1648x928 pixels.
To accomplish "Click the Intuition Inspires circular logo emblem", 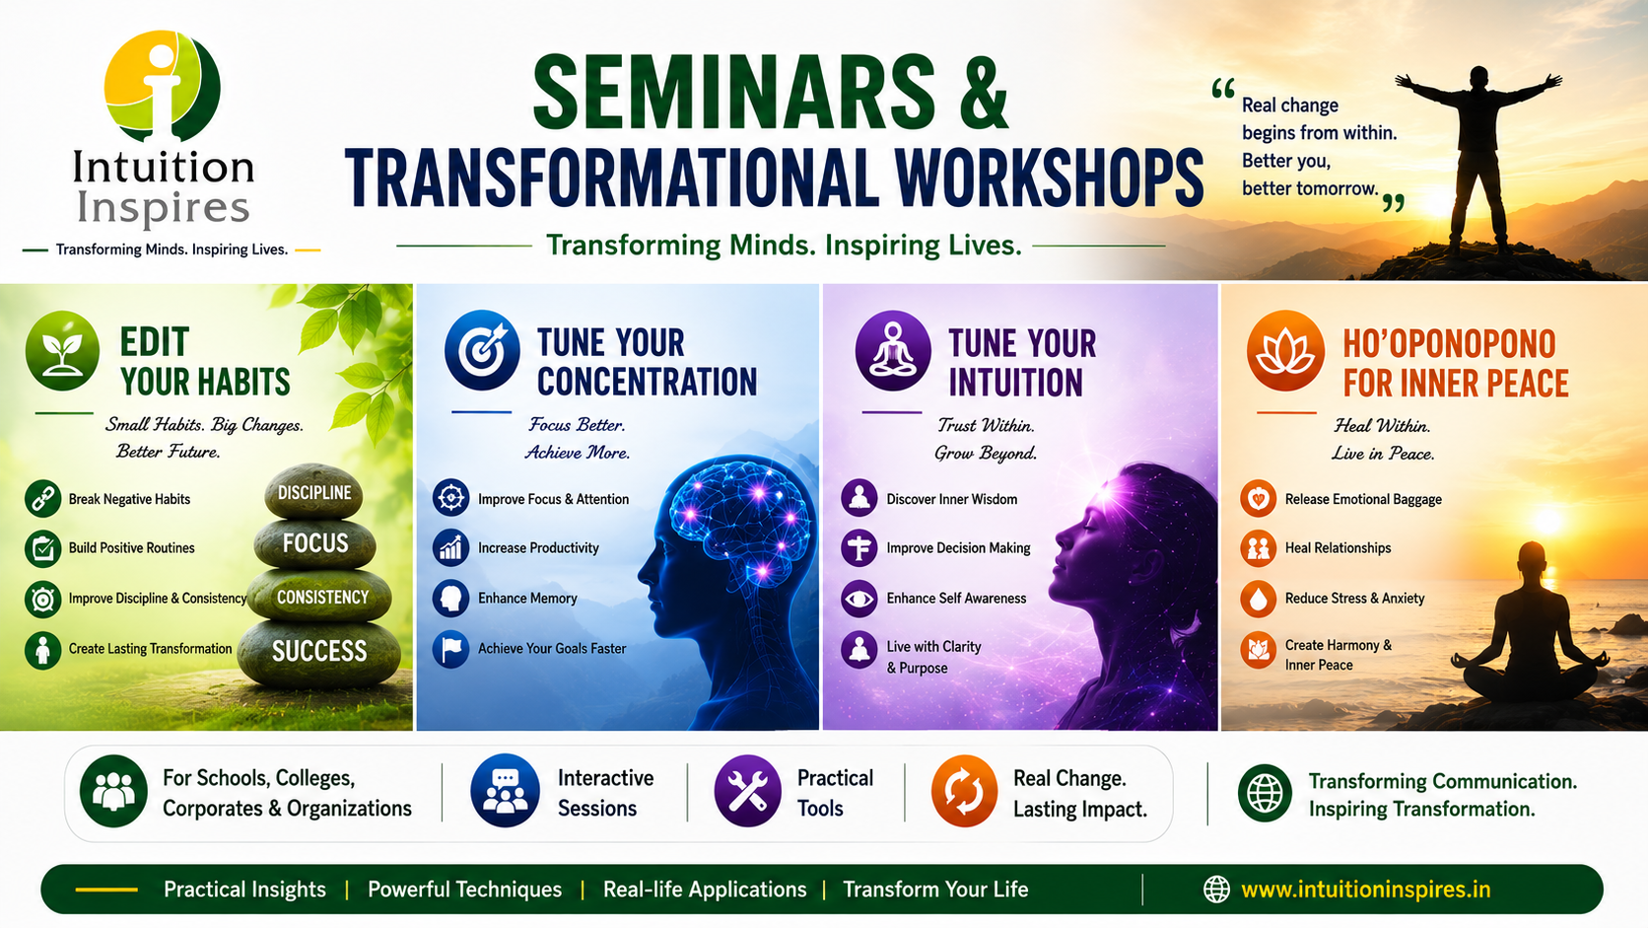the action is [x=162, y=86].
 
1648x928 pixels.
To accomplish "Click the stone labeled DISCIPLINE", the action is [x=314, y=491].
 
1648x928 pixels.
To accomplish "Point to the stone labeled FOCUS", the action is [x=315, y=543].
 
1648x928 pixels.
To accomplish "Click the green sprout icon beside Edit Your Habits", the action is [x=62, y=350].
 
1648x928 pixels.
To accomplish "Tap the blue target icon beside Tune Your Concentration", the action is [x=482, y=350].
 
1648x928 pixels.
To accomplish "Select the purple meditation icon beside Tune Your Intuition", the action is [x=892, y=350].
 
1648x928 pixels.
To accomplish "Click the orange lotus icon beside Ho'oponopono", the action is [x=1285, y=350].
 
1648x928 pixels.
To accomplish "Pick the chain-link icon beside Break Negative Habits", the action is [x=42, y=499].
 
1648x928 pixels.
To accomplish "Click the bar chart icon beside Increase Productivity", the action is [x=451, y=547].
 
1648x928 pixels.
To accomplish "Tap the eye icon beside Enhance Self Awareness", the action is [x=859, y=599].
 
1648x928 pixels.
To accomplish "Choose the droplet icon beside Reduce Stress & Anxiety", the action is [x=1258, y=599].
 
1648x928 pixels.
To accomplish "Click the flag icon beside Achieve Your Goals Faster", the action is [x=451, y=649].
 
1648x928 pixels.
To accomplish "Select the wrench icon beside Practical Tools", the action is [x=747, y=791].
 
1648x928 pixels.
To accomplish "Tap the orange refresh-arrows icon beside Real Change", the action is [x=965, y=791].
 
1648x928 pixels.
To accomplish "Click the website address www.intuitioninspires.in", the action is [x=1365, y=890].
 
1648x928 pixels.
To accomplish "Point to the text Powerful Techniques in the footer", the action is [x=465, y=890].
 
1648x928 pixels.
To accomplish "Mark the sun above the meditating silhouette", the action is [x=1547, y=522].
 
